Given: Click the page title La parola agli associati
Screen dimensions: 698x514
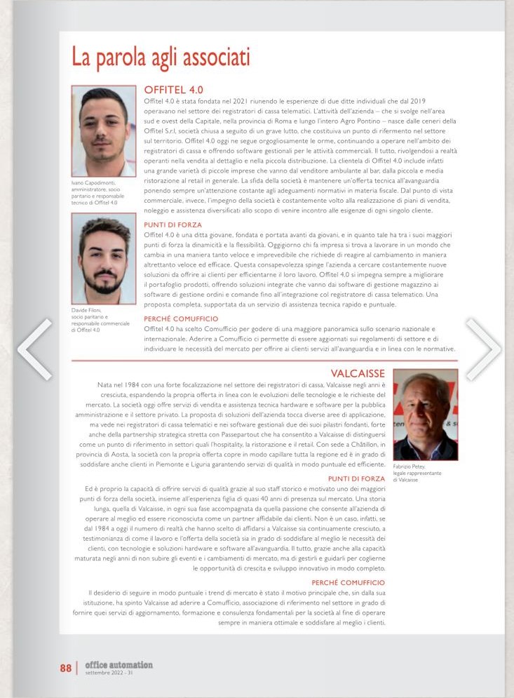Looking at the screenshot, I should (161, 57).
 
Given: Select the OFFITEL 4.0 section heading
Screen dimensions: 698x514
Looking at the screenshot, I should (173, 90).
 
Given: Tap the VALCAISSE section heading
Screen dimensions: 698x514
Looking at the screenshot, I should (358, 374).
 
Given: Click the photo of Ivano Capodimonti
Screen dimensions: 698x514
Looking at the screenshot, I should (103, 131).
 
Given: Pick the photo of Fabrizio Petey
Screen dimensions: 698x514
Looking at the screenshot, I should (425, 415).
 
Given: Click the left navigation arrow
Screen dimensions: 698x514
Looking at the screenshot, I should (33, 349).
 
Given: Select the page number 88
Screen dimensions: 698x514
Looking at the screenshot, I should (65, 668).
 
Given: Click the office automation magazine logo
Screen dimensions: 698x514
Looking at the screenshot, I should (119, 664).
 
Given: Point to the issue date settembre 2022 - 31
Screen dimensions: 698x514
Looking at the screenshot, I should (109, 673).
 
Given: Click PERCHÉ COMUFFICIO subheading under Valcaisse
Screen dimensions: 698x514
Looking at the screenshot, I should (348, 582).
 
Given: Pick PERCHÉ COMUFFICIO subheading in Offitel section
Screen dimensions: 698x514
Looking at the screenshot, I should (180, 318).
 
